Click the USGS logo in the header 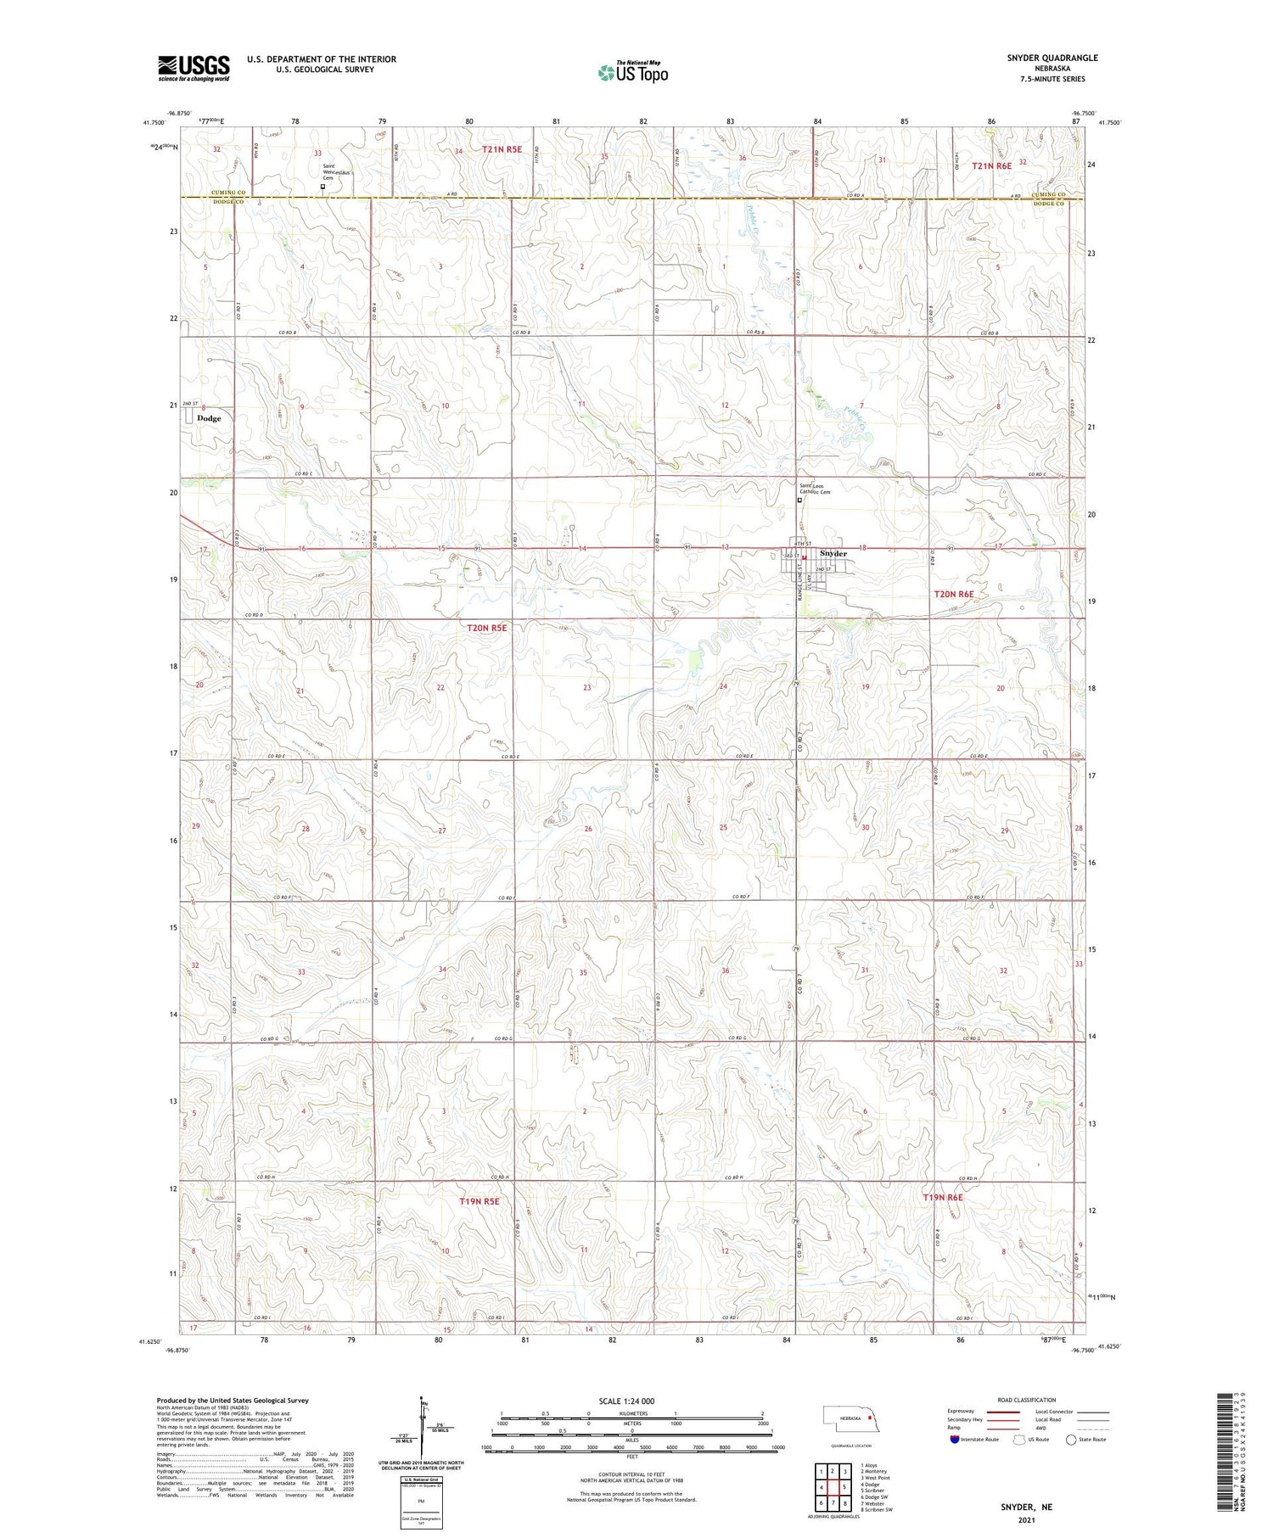193,68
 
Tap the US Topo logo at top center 633,72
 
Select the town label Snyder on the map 834,553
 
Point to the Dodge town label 209,418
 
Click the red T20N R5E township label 487,628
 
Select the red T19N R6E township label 943,1197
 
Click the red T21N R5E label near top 502,149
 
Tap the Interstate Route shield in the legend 956,1439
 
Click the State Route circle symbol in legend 1071,1439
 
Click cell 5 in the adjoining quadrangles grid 844,1486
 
